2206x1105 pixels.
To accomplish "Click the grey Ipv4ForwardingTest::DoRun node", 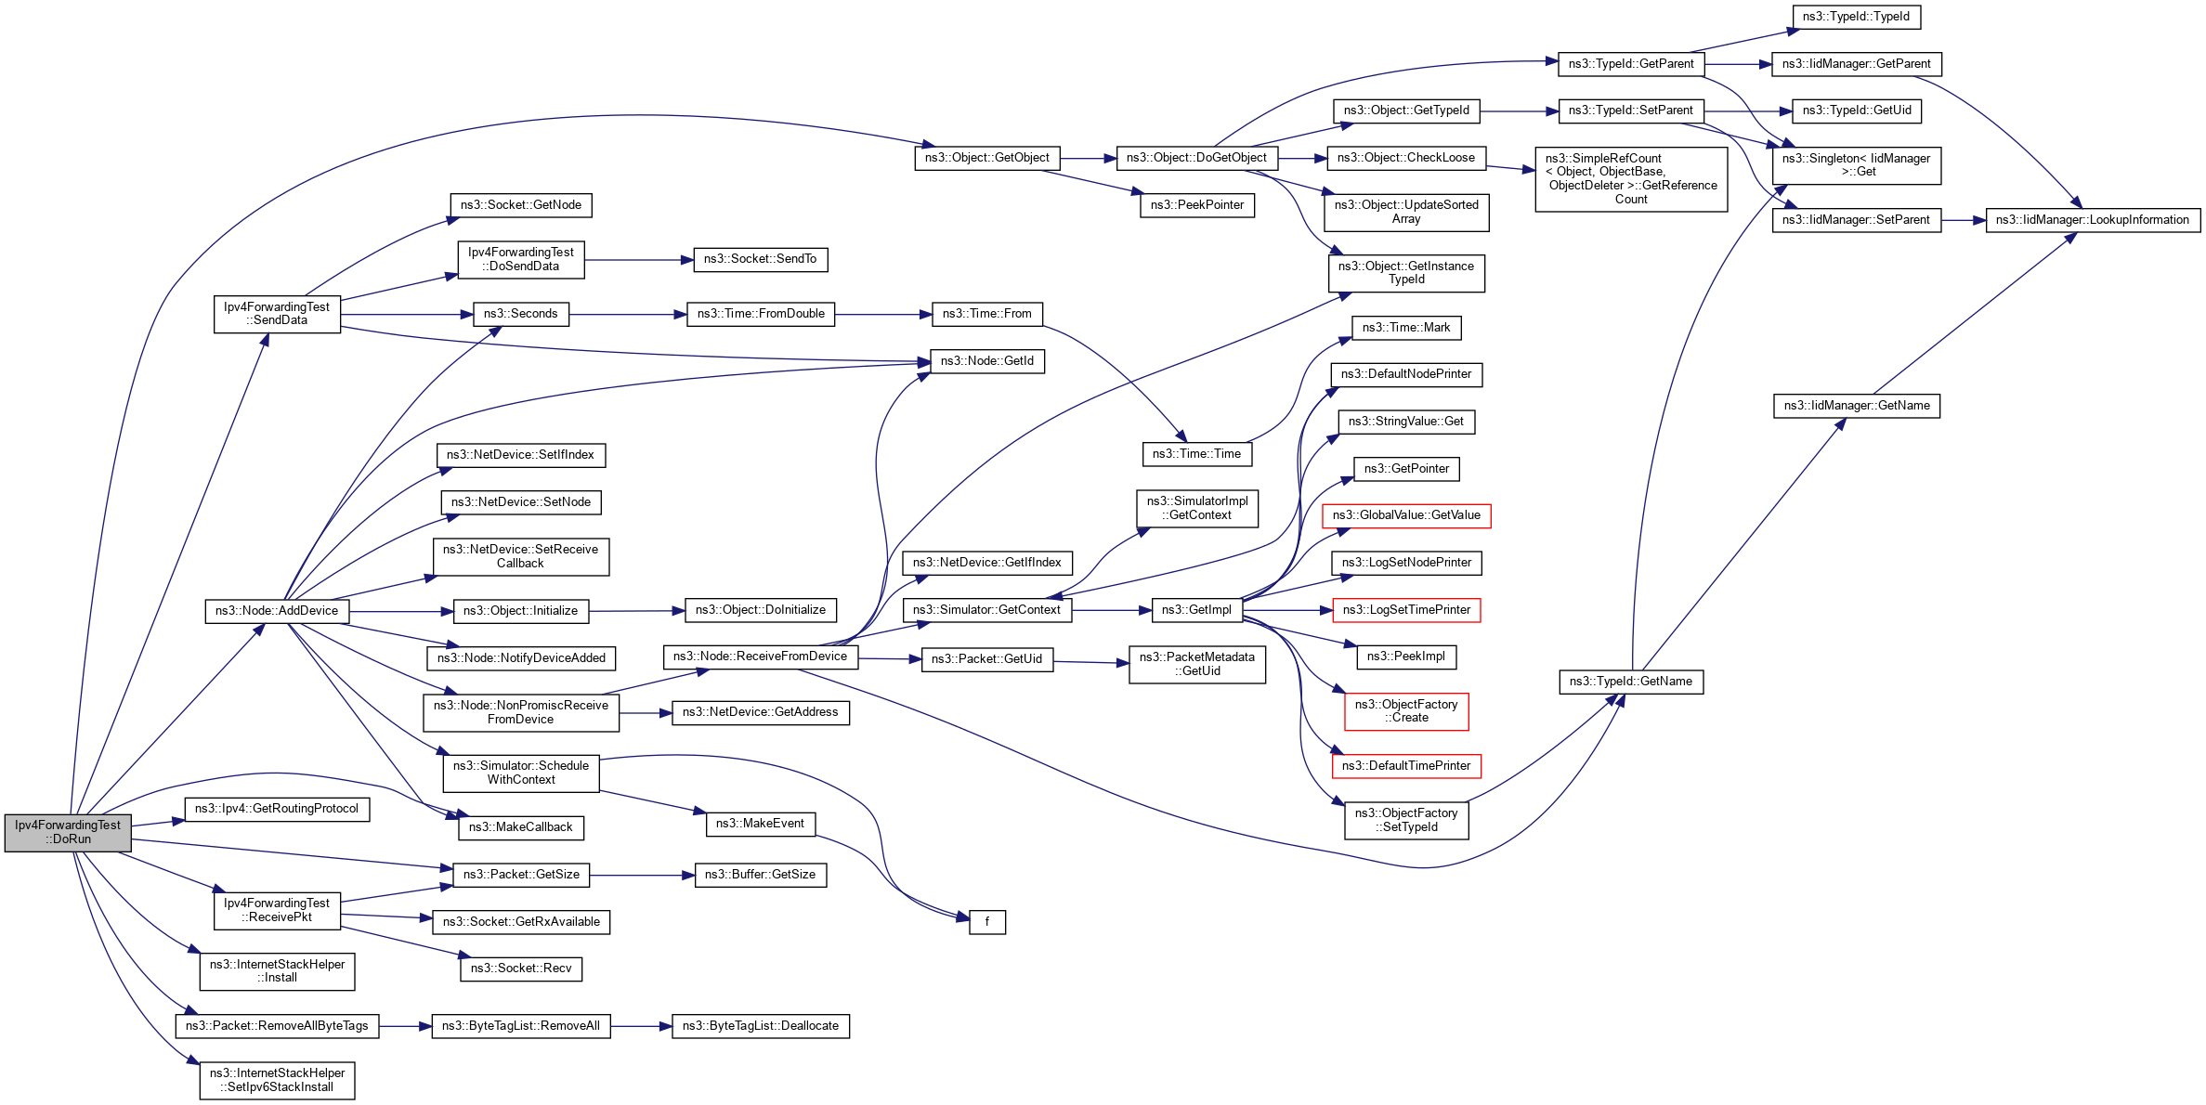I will point(68,832).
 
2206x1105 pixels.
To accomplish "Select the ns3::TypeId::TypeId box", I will point(1856,17).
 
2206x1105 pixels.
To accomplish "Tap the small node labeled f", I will point(986,922).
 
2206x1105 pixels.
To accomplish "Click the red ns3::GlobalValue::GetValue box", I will point(1405,515).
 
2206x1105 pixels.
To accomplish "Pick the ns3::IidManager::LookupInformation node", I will point(2092,220).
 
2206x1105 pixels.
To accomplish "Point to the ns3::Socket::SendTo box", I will point(760,259).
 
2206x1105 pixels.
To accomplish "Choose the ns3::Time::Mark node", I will point(1405,328).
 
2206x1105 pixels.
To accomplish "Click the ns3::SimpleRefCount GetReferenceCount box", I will point(1630,179).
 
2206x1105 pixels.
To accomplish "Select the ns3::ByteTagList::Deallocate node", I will point(760,1026).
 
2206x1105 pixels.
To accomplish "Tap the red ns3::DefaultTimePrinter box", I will point(1405,766).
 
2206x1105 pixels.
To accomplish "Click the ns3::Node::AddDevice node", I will point(277,611).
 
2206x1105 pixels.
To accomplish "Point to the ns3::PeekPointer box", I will point(1196,205).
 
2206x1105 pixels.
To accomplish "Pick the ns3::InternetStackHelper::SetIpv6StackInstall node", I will point(277,1080).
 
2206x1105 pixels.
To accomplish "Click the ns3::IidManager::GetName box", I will point(1856,406).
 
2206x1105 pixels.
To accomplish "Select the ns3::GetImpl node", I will point(1196,610).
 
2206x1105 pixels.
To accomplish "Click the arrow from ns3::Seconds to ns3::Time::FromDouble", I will point(627,315).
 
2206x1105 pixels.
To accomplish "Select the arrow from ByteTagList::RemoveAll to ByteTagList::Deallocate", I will point(641,1026).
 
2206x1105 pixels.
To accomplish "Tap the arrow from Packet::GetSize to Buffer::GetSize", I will point(642,875).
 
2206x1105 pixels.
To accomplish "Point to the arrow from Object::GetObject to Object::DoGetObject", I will point(1088,159).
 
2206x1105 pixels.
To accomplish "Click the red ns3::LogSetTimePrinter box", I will point(1405,610).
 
